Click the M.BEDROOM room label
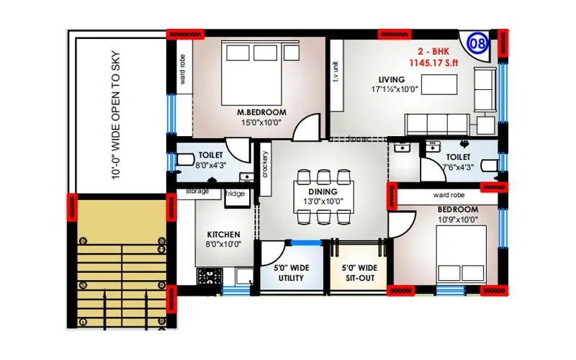(262, 112)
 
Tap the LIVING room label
(393, 79)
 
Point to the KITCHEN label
(224, 235)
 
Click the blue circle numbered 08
(476, 42)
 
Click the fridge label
(235, 194)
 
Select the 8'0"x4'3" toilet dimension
(210, 165)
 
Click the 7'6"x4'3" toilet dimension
(458, 167)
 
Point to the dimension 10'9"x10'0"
(457, 220)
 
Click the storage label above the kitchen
(197, 192)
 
